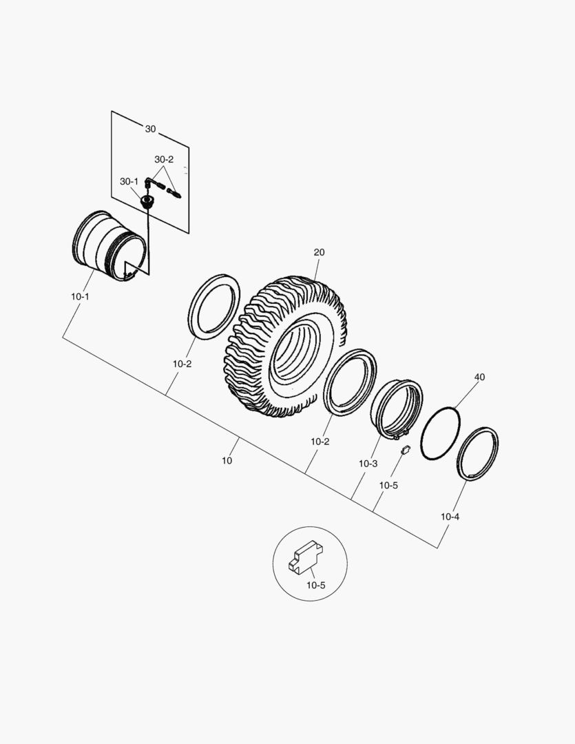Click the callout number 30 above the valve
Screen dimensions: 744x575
click(150, 129)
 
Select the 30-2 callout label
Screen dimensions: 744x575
click(164, 159)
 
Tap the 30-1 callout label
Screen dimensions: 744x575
click(129, 181)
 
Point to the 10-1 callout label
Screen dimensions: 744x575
click(80, 296)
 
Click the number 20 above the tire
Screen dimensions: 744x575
click(319, 253)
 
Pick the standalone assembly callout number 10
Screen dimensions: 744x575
click(227, 461)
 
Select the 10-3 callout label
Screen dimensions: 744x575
click(368, 464)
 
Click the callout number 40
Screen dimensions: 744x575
click(479, 378)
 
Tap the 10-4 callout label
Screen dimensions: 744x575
click(450, 516)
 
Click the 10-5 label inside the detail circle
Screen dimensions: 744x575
click(316, 585)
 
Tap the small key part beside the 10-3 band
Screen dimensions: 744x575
click(406, 450)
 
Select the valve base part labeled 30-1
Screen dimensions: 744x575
click(146, 202)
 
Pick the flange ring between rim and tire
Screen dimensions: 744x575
click(214, 306)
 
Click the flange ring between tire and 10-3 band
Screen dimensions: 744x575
click(351, 383)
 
